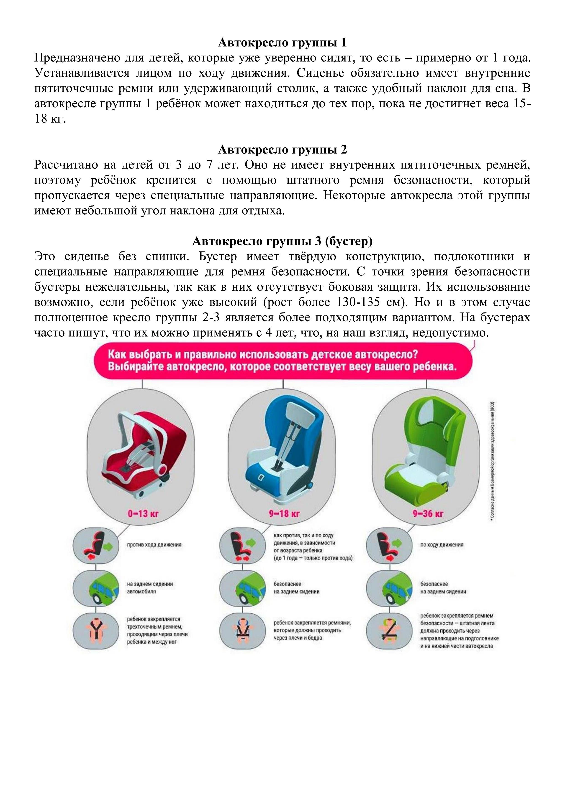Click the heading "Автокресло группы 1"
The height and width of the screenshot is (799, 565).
tap(282, 43)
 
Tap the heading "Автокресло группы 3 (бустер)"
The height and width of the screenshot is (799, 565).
tap(282, 241)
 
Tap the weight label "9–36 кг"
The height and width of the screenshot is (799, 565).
tap(428, 514)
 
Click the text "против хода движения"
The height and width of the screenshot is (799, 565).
tap(154, 545)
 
